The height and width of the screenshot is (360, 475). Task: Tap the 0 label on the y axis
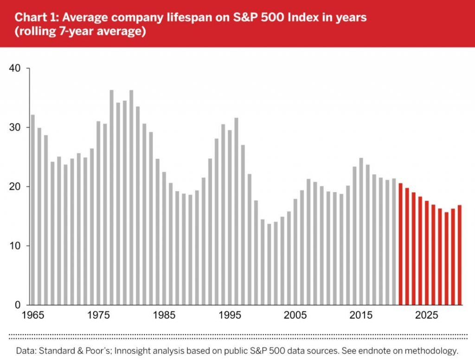pos(19,305)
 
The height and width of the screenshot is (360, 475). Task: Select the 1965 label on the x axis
pos(32,316)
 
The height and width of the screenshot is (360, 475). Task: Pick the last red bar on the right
pos(459,255)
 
